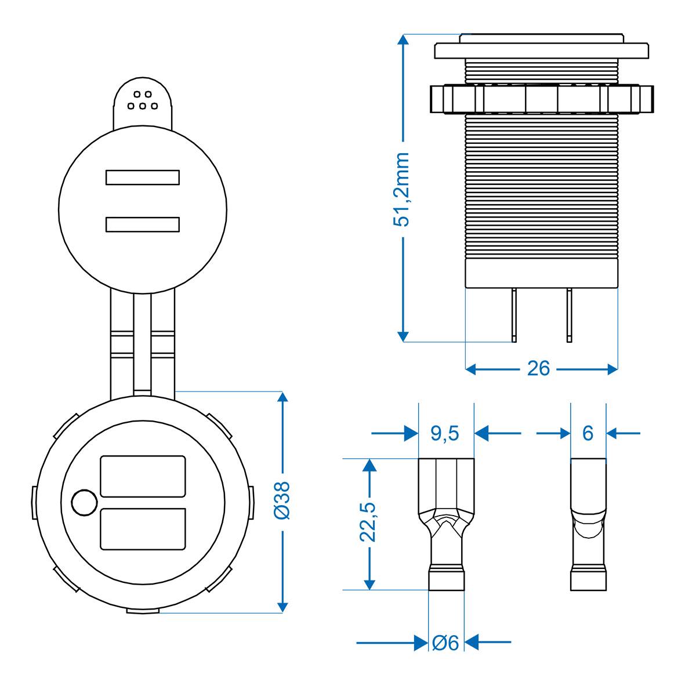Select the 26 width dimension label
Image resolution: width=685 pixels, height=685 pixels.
[x=538, y=368]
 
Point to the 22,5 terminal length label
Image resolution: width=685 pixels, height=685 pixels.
[x=368, y=521]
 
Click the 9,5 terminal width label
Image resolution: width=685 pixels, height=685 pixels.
[x=445, y=433]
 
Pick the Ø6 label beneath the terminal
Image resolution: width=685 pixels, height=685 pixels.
[x=446, y=642]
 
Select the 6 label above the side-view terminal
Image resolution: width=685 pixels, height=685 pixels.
[x=588, y=433]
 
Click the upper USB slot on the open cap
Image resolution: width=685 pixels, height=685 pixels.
[x=142, y=177]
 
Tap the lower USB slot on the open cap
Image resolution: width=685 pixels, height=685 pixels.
[x=142, y=224]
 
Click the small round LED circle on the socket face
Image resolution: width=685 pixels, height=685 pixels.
[x=84, y=502]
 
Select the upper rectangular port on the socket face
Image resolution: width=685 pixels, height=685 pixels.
[x=143, y=476]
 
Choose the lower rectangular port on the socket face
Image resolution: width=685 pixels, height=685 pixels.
[x=143, y=528]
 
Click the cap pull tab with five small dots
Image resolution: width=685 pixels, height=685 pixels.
[x=143, y=102]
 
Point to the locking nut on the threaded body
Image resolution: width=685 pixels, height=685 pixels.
[x=542, y=99]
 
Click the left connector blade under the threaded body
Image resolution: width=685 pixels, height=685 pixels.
[x=514, y=313]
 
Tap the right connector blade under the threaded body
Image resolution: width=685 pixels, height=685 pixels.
[x=570, y=313]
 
